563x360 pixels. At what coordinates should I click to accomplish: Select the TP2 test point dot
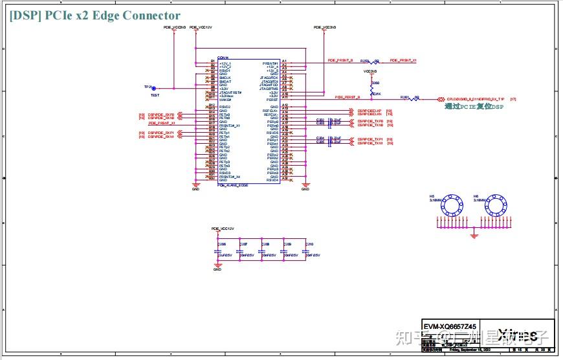[153, 88]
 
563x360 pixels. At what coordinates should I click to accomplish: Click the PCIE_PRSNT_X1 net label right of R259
[400, 60]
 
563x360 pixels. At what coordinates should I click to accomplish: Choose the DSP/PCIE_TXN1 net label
[371, 143]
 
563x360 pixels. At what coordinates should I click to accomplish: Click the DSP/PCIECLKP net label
[370, 111]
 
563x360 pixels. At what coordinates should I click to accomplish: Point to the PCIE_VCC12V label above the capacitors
[222, 229]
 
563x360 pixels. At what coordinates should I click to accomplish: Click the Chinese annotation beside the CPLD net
[474, 106]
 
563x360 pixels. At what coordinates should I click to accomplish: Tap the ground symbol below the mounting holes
[474, 236]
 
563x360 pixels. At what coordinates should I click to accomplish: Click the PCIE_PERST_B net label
[348, 97]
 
